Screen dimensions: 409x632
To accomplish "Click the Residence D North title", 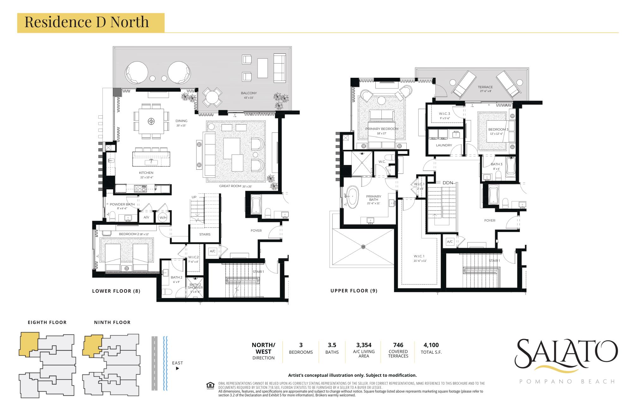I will (x=87, y=22).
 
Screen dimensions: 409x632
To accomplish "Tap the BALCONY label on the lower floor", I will (x=249, y=93).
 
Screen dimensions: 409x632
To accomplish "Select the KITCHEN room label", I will (x=146, y=173).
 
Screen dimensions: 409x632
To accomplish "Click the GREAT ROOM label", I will (x=230, y=186).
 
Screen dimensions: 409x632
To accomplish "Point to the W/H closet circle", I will (x=163, y=217).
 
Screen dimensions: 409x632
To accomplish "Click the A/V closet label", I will (x=146, y=217).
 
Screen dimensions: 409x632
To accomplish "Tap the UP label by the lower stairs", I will (x=194, y=197).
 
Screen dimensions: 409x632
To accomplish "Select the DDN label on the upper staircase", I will (x=448, y=183).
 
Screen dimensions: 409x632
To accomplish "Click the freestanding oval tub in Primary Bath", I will (x=352, y=197).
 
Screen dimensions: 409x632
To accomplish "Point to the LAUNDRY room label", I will (x=444, y=145).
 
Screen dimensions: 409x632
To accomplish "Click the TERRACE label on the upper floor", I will (x=485, y=87).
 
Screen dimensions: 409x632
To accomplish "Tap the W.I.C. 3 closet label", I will (x=444, y=114).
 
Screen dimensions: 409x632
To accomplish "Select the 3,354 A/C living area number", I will (x=364, y=345).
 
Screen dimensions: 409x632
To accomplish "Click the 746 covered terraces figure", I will (x=398, y=345).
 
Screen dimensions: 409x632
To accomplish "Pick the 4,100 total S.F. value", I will (x=431, y=345).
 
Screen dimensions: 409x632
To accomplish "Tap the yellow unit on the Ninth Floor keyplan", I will (x=92, y=345).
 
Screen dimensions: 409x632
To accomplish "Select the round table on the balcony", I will (x=212, y=97).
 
